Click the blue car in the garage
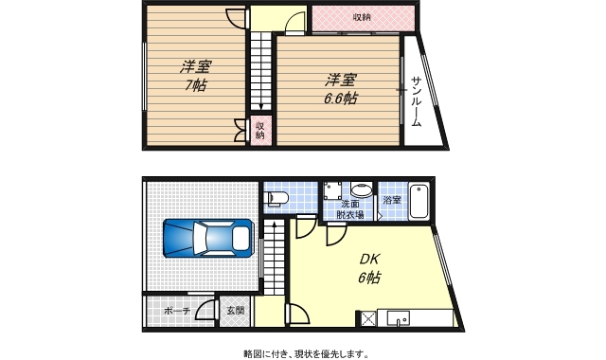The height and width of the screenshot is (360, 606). (208, 238)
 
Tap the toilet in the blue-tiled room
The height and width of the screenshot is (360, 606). (277, 198)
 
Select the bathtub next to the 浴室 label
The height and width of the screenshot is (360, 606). (419, 202)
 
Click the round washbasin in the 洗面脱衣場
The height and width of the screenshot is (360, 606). (362, 189)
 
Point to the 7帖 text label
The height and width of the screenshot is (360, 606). (195, 84)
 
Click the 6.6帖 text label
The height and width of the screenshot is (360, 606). (340, 99)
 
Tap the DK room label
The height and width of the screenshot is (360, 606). (370, 259)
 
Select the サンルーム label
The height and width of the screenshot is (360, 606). (416, 101)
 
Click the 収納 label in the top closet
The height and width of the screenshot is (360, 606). (362, 17)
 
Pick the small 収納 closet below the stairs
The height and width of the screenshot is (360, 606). (260, 131)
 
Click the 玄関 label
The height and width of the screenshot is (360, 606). (236, 310)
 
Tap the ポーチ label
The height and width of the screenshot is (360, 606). (177, 311)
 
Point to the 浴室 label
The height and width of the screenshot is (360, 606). (392, 200)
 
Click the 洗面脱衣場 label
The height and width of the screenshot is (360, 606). (350, 209)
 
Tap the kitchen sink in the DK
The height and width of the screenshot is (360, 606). (398, 318)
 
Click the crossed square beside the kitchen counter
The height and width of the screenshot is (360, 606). (368, 319)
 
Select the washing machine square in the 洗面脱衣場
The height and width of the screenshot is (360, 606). (332, 190)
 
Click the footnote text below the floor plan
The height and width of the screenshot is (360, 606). (306, 353)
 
